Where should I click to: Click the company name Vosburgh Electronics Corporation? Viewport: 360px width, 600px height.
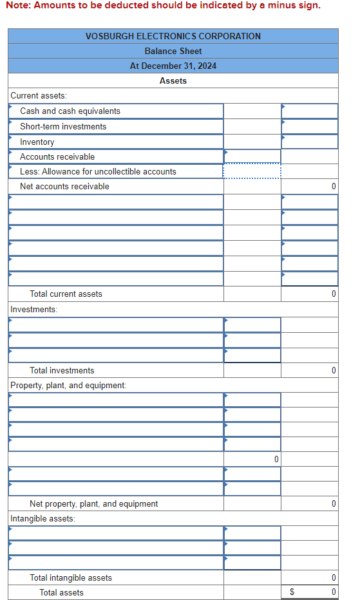[173, 36]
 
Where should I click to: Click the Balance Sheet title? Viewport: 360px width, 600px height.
[173, 51]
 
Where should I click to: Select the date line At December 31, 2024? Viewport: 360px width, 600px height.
[173, 66]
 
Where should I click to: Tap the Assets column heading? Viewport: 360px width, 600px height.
[173, 80]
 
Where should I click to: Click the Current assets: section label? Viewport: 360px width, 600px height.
[38, 95]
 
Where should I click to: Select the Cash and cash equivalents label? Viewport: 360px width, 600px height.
[70, 111]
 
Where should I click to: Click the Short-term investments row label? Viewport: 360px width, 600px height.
[63, 126]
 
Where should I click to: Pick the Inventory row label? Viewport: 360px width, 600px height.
[37, 142]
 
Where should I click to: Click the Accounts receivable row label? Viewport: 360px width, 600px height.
[57, 156]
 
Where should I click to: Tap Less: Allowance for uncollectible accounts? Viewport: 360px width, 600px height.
[98, 171]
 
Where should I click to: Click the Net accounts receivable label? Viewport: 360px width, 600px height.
[64, 186]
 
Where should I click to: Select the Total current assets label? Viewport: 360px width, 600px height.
[66, 294]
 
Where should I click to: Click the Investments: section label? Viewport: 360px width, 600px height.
[34, 309]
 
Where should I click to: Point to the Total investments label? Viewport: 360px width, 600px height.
[62, 370]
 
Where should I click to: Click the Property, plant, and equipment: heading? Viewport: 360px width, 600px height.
[68, 385]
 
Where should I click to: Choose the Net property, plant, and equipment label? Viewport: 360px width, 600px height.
[93, 503]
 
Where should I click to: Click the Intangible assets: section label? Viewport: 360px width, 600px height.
[43, 518]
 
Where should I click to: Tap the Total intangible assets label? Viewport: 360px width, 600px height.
[71, 577]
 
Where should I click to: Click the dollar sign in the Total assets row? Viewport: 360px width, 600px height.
[292, 592]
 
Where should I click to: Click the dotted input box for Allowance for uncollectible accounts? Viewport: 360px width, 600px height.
[252, 171]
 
